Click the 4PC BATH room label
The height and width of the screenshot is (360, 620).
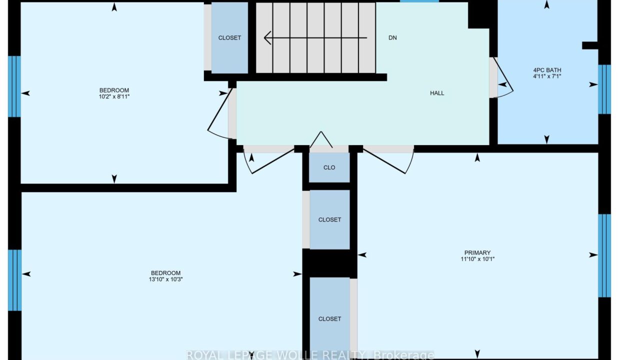click(x=547, y=70)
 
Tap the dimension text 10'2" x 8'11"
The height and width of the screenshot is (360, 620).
click(x=114, y=96)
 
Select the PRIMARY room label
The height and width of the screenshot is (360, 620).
click(x=477, y=252)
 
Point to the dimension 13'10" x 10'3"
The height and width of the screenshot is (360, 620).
click(x=165, y=279)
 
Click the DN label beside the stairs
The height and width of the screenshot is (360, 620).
click(x=392, y=37)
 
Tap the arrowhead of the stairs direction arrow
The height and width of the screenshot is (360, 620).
click(x=267, y=37)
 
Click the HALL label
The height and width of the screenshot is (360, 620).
click(x=437, y=93)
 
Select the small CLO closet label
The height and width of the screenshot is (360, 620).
click(x=329, y=167)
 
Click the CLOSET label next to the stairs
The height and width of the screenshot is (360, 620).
click(x=229, y=37)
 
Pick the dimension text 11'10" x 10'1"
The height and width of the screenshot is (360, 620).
click(x=477, y=259)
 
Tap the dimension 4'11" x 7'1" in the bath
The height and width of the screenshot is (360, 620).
click(x=547, y=76)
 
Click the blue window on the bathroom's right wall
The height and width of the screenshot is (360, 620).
click(x=604, y=89)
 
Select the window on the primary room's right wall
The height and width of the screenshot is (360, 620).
click(x=604, y=255)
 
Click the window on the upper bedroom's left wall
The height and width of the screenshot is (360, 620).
click(x=14, y=86)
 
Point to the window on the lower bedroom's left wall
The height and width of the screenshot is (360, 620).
click(x=14, y=280)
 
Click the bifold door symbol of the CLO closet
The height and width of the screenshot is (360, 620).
click(x=321, y=139)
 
